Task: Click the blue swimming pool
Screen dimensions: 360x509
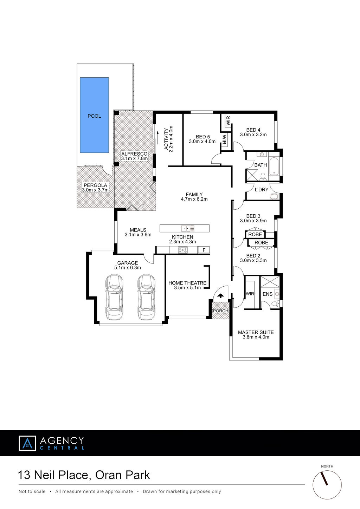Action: [94, 115]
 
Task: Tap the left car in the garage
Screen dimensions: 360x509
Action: [114, 298]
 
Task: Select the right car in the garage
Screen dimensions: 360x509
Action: [147, 298]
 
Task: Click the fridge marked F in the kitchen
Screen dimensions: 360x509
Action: [204, 250]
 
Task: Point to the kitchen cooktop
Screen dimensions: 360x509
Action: [182, 250]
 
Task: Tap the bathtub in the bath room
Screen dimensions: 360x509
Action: [274, 165]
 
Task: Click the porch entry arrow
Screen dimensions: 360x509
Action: [221, 296]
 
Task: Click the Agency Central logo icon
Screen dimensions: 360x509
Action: [27, 443]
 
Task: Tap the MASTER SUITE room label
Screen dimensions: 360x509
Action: [256, 332]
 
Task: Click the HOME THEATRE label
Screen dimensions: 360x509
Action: [187, 283]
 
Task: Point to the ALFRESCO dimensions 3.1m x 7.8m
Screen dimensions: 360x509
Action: [134, 158]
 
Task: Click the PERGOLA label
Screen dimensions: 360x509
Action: [95, 185]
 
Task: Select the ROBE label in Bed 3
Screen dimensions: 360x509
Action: [255, 234]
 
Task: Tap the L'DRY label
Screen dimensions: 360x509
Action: [262, 189]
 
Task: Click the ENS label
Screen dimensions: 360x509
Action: [268, 294]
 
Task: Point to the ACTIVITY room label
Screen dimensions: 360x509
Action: [166, 139]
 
